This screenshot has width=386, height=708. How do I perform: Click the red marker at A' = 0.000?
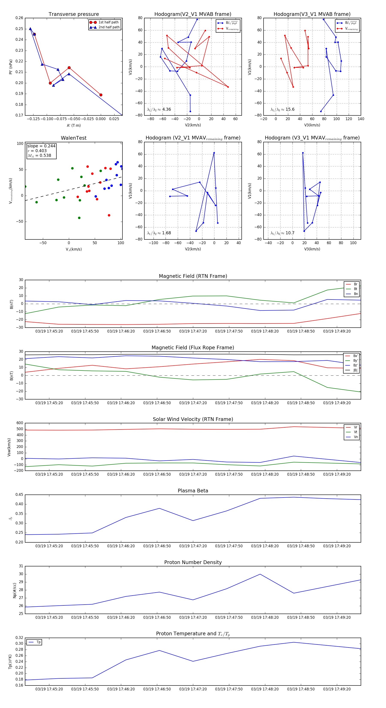point(101,95)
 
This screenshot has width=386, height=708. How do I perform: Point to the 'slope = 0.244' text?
point(41,146)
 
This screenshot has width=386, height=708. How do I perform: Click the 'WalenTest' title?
point(74,138)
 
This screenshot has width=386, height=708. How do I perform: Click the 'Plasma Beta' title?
point(193,491)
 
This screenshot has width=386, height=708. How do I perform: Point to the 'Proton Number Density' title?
point(193,562)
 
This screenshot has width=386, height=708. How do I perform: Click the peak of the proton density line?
point(260,574)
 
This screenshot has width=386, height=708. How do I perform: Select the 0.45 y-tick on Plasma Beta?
point(19,495)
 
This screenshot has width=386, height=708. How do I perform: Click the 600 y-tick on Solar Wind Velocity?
point(20,423)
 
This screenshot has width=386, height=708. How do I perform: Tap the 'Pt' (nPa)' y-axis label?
point(11,67)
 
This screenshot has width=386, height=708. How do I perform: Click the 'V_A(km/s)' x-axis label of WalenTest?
point(74,249)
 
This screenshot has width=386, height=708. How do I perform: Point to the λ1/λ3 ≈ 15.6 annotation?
point(282,109)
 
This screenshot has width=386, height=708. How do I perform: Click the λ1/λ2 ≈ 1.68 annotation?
point(159,233)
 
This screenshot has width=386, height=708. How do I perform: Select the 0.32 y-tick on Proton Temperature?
point(19,638)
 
